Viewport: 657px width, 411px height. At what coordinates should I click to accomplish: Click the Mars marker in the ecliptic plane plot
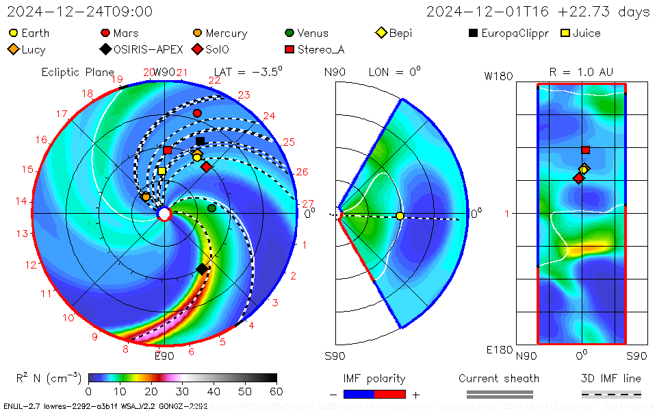pos(197,113)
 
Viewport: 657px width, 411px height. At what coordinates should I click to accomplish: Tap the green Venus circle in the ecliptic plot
pos(211,208)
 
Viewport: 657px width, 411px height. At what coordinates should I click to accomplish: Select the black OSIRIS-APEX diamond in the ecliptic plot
pos(202,269)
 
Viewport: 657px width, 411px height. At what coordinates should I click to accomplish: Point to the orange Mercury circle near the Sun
pos(146,197)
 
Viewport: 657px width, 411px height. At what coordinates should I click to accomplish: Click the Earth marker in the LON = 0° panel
pos(400,216)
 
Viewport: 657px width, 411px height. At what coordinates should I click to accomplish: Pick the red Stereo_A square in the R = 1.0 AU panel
pos(585,150)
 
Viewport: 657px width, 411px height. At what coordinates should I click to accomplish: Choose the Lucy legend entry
pos(27,49)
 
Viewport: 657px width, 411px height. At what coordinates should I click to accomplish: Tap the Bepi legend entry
pos(395,33)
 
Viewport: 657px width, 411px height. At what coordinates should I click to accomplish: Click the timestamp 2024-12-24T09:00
pos(80,12)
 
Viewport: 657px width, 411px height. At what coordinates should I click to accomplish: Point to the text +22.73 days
pos(613,12)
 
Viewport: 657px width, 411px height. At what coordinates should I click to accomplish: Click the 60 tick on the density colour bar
pos(276,391)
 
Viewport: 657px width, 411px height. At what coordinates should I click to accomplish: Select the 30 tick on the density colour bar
pos(182,391)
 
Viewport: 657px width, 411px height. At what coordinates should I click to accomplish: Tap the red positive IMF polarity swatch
pos(390,394)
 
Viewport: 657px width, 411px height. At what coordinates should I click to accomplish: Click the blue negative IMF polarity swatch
pos(359,394)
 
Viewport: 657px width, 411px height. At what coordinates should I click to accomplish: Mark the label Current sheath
pos(499,378)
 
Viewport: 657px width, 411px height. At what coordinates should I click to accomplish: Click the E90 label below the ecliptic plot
pos(164,356)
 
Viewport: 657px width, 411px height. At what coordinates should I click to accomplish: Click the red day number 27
pos(307,203)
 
